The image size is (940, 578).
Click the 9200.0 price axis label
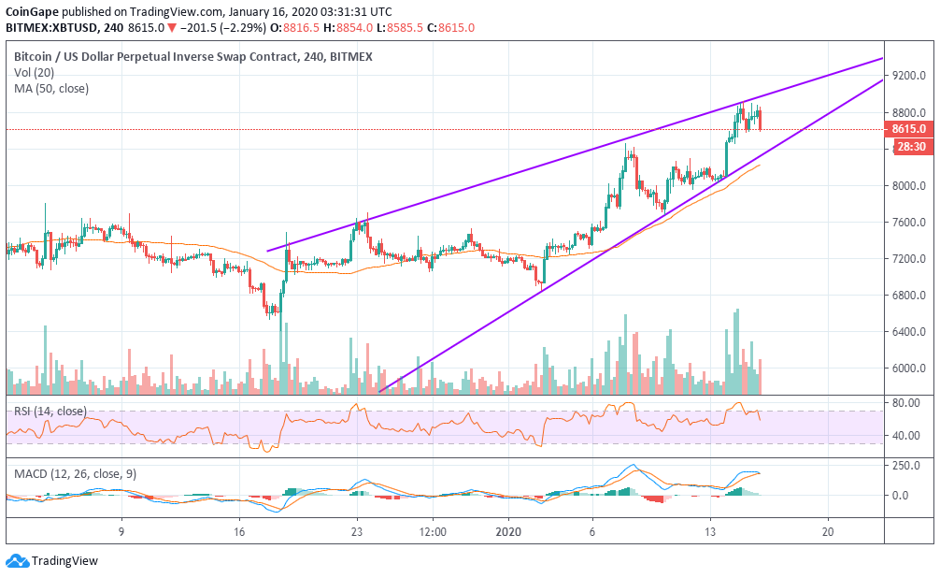point(908,77)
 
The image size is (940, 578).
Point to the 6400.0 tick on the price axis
point(908,332)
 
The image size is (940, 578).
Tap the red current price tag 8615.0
point(908,129)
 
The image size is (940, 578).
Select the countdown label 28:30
point(909,147)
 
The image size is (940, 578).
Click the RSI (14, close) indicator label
point(50,411)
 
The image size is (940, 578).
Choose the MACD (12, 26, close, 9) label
point(75,473)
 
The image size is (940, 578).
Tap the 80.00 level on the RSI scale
point(905,403)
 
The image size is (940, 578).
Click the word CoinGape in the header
point(34,11)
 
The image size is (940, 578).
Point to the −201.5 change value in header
point(189,28)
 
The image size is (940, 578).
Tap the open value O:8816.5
point(296,28)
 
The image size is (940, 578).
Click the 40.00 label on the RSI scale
point(905,436)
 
